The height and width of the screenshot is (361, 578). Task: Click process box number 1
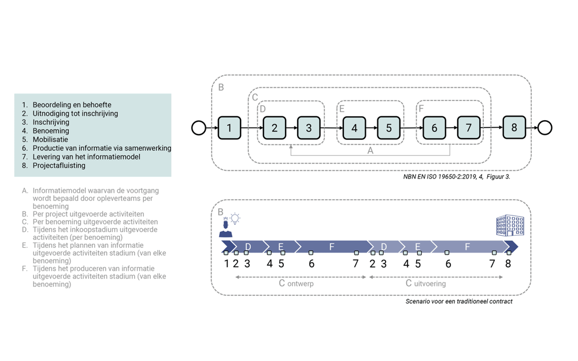(229, 128)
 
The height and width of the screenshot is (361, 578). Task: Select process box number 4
(354, 128)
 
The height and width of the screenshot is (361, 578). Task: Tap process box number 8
(514, 128)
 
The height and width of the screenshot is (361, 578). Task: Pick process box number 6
(434, 128)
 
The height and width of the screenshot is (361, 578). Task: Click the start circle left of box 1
(199, 128)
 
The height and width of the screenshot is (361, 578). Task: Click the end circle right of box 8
(545, 128)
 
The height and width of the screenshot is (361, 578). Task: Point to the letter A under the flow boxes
(370, 151)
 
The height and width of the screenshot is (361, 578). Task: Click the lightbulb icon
(235, 219)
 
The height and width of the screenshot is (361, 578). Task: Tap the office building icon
(510, 225)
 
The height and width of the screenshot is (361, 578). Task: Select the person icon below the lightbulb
(225, 228)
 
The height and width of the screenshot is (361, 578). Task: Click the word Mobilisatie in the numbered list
(50, 139)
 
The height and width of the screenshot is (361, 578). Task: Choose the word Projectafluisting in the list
(59, 165)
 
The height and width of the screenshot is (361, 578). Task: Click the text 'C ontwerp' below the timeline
(297, 283)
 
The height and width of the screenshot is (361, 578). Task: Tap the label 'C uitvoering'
(426, 283)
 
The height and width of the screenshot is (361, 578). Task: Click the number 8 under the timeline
(508, 264)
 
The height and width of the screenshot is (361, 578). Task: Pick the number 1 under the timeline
(227, 264)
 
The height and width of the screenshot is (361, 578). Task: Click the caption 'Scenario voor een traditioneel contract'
(459, 302)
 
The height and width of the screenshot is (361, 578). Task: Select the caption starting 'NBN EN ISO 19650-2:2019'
(457, 177)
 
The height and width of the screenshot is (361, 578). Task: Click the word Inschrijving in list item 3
(51, 122)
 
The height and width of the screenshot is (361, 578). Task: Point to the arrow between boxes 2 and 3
(291, 128)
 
